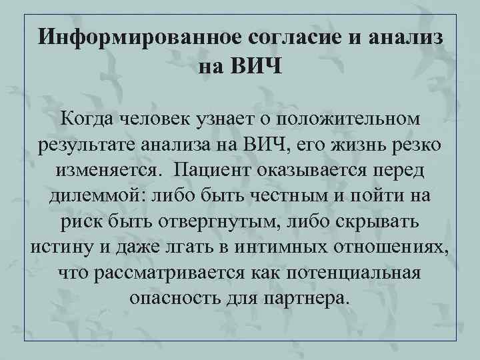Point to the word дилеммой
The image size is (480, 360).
pyautogui.click(x=97, y=195)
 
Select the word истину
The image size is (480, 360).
pyautogui.click(x=63, y=247)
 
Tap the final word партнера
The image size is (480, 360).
pyautogui.click(x=307, y=298)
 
